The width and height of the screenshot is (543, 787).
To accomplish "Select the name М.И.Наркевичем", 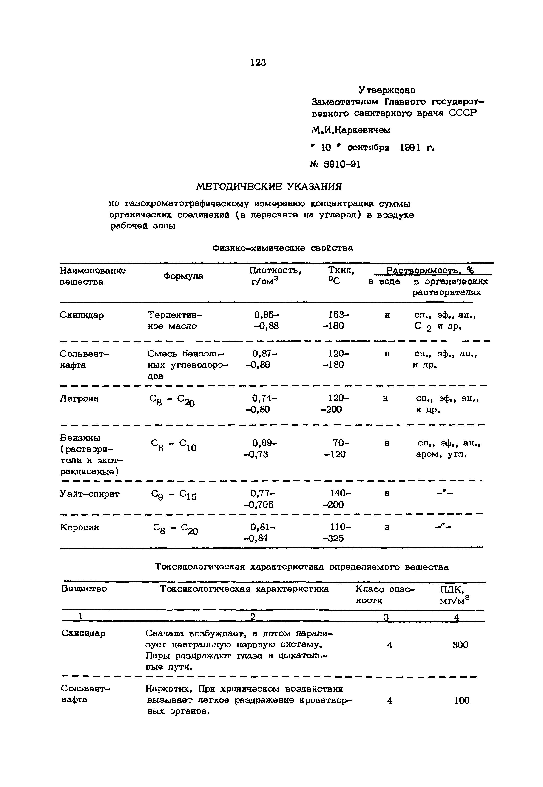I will pos(351,130).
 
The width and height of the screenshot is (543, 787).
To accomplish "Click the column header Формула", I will pos(183,276).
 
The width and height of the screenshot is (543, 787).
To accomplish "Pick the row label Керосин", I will pos(80,528).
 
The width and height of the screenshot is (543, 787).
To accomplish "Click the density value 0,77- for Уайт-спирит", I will pos(263,493).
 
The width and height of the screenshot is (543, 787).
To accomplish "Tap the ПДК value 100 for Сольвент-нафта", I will pos(461,701).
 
